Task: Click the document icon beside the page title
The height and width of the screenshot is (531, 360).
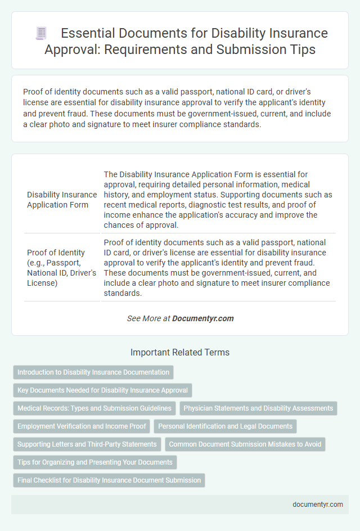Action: click(x=42, y=33)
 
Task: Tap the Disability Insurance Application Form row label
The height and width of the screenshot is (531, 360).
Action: click(x=62, y=200)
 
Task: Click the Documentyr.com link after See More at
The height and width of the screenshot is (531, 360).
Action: click(x=202, y=318)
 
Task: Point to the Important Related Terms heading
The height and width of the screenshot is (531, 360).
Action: click(x=180, y=353)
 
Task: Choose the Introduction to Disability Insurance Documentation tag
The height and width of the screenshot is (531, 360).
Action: click(x=93, y=372)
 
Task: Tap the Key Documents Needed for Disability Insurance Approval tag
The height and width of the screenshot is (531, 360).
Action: click(x=102, y=390)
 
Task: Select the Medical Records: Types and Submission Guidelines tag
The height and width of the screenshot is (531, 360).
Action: click(x=94, y=408)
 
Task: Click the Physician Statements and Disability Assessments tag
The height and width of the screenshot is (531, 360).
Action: click(x=259, y=408)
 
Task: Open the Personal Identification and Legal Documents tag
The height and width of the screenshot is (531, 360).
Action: click(x=225, y=426)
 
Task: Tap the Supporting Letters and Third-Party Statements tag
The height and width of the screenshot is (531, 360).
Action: click(x=87, y=444)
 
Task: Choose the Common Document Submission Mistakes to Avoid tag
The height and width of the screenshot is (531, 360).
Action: click(x=245, y=444)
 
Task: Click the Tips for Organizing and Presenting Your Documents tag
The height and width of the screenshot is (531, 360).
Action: click(x=94, y=462)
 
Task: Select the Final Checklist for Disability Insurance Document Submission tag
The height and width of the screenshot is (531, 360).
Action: click(x=109, y=480)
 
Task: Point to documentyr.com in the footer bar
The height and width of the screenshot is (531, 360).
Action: click(x=318, y=505)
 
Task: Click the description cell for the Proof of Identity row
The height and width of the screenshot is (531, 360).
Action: click(x=218, y=268)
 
